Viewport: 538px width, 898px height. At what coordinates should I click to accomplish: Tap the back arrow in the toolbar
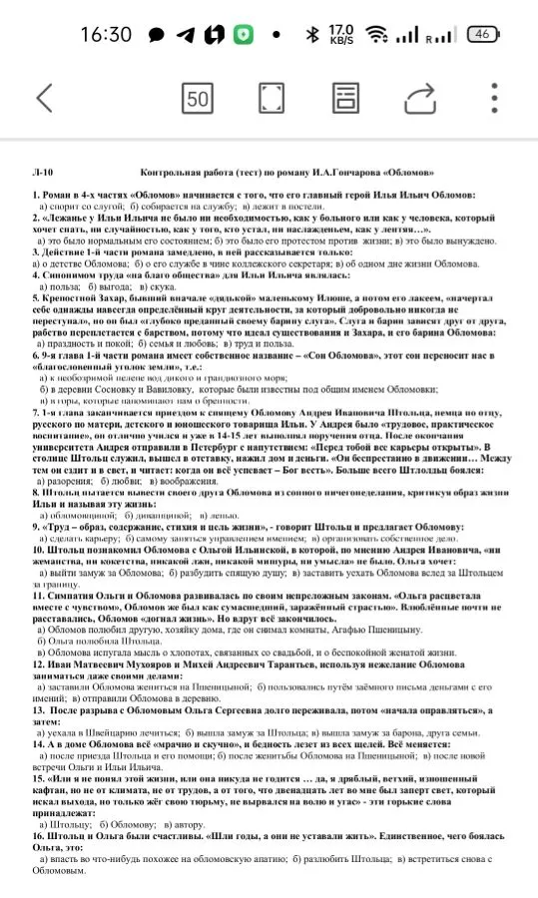point(44,98)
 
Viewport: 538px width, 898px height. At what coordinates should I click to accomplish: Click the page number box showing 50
point(198,98)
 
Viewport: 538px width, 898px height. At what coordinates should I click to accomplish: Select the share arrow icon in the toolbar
point(420,98)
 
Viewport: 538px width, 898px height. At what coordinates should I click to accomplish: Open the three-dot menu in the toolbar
point(494,98)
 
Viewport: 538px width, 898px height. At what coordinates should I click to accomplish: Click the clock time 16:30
point(106,34)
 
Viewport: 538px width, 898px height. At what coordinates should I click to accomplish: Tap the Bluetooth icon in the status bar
point(311,34)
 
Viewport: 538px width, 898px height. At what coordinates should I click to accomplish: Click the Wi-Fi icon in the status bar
point(376,34)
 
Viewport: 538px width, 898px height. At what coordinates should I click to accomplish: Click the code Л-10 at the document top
point(44,172)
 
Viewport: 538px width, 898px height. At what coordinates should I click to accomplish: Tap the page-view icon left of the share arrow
point(345,98)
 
